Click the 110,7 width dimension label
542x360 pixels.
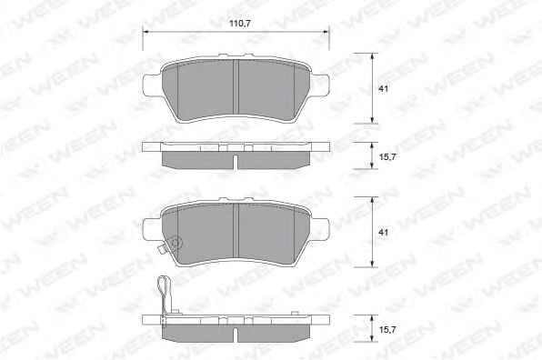[x=240, y=24]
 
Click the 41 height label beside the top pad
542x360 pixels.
[x=384, y=88]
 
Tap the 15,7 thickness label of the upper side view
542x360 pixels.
[x=387, y=157]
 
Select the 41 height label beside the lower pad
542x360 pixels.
[x=384, y=232]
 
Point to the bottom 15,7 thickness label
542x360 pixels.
[x=387, y=330]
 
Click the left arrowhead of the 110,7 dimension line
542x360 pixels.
[x=146, y=32]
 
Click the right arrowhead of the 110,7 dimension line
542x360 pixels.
[x=326, y=32]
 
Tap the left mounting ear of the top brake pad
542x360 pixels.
[x=151, y=85]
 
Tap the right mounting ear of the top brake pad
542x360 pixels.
[x=320, y=85]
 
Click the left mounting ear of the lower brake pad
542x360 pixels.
[x=151, y=229]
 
